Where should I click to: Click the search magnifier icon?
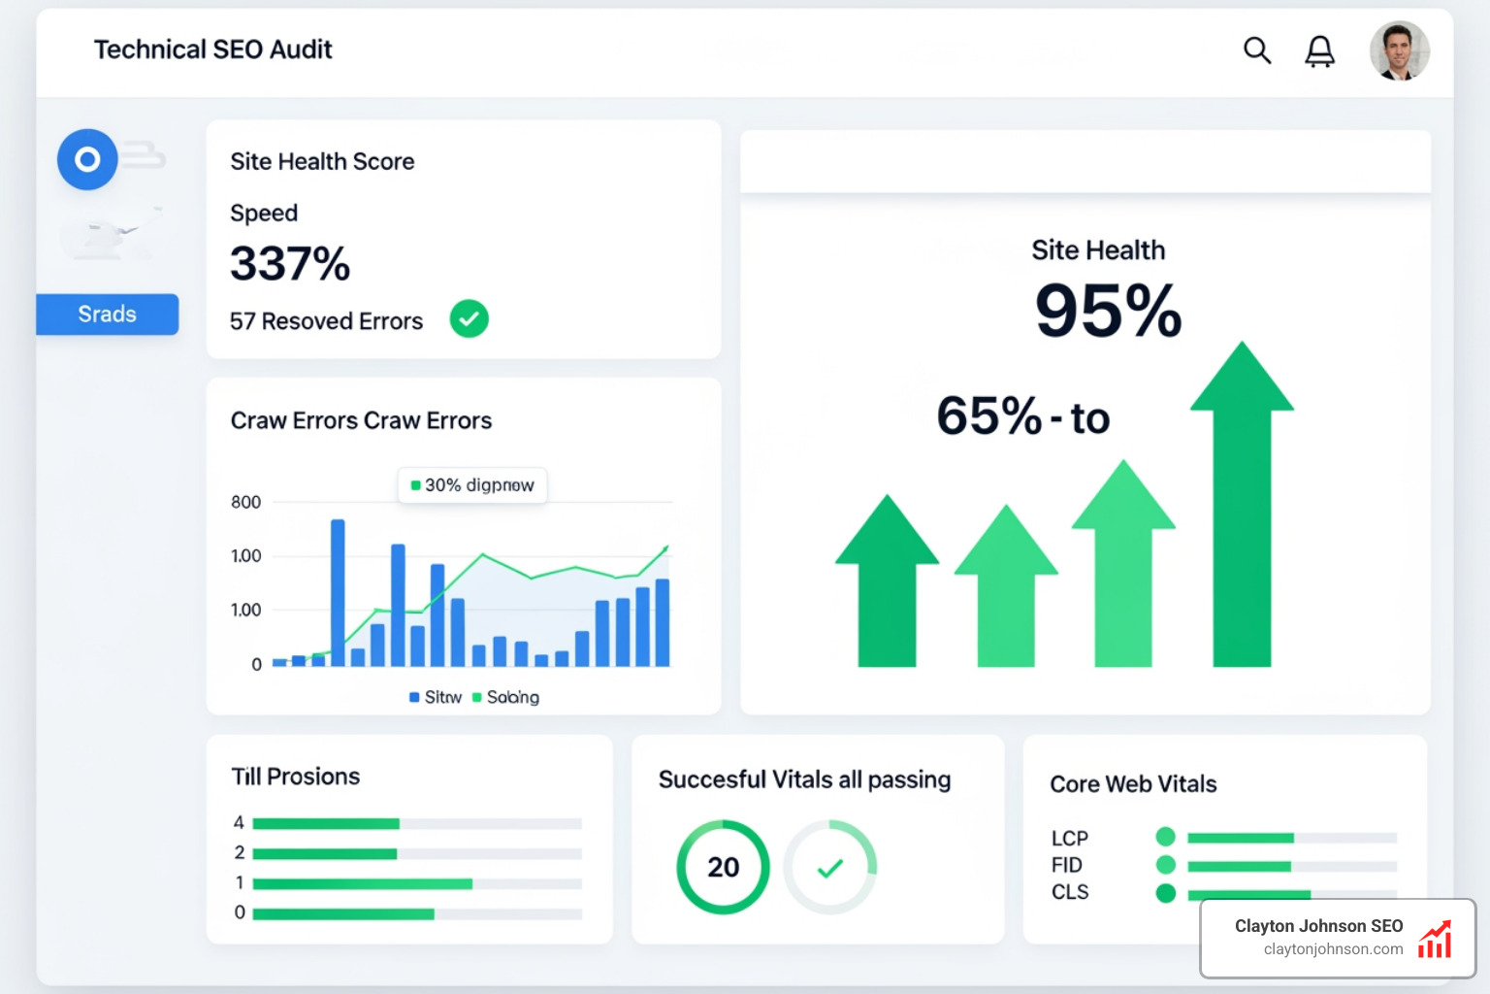1257,50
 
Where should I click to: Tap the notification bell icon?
1319,51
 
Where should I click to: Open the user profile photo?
1399,51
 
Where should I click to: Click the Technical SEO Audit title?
212,50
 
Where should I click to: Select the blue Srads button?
108,315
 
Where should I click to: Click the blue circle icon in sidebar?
87,159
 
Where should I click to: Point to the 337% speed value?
290,264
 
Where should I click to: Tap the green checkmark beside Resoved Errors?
469,319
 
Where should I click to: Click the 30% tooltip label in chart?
472,485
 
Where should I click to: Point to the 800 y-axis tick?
245,503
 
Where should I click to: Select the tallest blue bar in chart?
338,592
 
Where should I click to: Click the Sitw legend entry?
436,697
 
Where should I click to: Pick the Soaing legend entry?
505,697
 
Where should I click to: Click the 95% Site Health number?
1108,312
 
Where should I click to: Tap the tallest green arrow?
1242,505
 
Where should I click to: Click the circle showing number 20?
723,867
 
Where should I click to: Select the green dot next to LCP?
1166,837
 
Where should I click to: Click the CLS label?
1070,892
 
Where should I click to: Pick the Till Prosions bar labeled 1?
362,884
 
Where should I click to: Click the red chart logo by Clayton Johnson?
1435,940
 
